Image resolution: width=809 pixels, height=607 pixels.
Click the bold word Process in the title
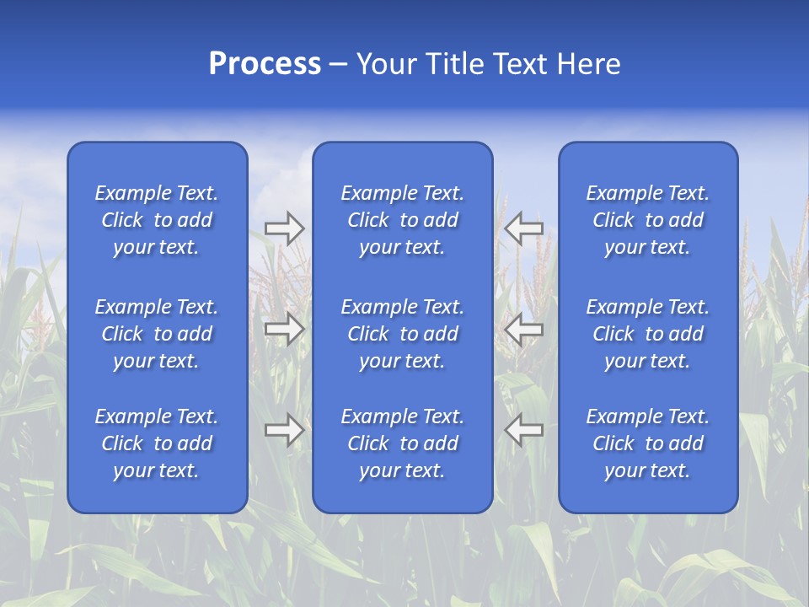[265, 64]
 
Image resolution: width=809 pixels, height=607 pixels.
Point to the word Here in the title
[589, 64]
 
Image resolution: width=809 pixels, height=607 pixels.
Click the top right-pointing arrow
[284, 228]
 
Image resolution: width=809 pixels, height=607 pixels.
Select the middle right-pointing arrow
[284, 329]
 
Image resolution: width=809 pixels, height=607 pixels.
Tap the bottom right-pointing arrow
[284, 430]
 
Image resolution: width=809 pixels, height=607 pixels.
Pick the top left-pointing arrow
[524, 228]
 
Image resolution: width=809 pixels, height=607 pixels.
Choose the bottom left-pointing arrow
[524, 430]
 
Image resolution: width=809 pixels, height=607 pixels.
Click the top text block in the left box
[157, 220]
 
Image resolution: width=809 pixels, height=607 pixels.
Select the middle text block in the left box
[157, 334]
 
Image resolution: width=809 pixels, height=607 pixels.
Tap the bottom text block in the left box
[157, 443]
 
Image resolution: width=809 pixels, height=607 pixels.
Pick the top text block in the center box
[402, 220]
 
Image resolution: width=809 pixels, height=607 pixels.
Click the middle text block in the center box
[402, 334]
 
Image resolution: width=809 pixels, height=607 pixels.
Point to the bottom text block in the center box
[402, 443]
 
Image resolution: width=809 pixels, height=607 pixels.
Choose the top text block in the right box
[648, 220]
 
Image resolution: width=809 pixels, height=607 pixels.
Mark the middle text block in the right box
[648, 334]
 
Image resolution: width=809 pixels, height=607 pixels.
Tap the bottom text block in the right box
[648, 443]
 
